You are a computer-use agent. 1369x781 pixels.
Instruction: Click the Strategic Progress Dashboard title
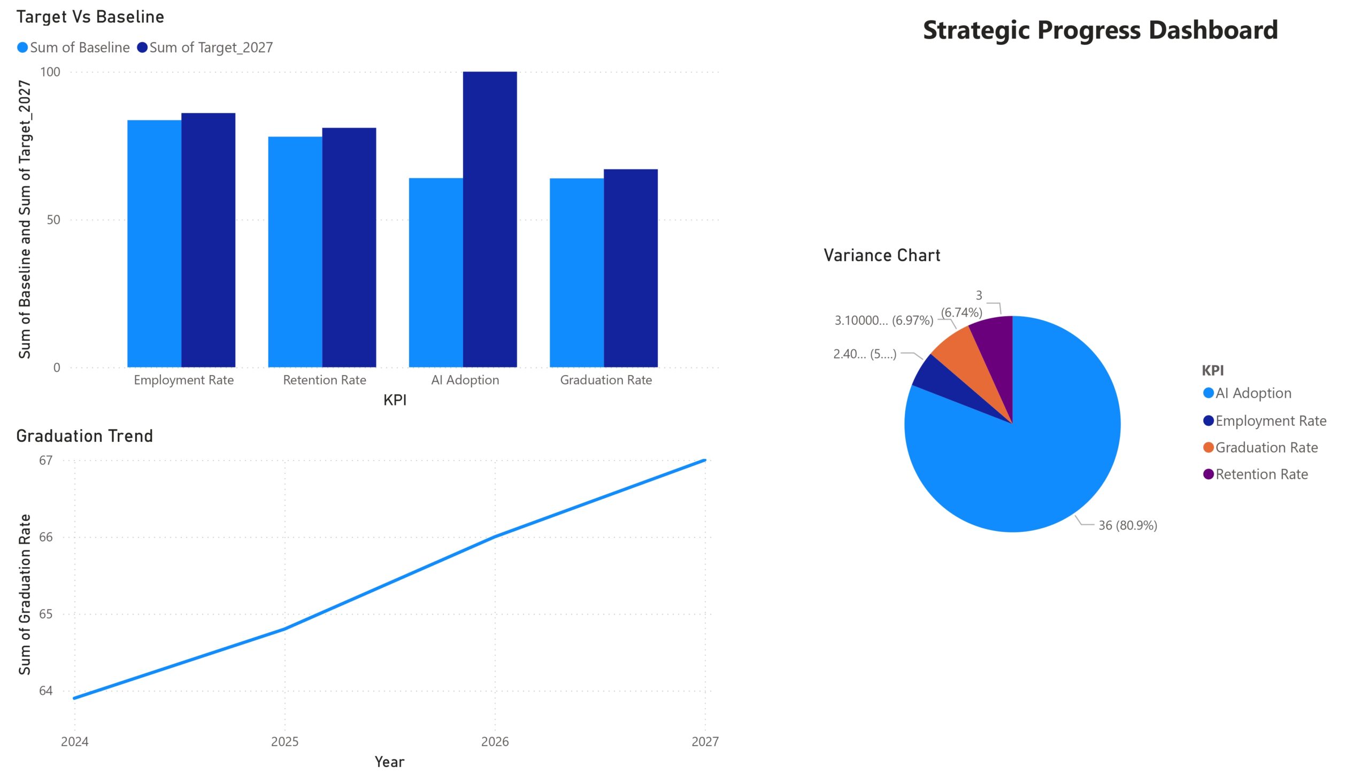tap(1100, 30)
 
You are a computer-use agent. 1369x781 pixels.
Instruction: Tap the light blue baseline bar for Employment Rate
tap(154, 243)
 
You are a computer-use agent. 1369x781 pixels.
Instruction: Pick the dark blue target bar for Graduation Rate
tap(630, 268)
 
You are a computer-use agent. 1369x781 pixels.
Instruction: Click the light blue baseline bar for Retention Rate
tap(295, 252)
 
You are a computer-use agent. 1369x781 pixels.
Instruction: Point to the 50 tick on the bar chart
tap(53, 220)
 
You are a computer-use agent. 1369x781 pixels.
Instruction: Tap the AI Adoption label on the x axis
tap(465, 380)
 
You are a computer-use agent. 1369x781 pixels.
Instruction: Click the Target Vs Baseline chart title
tap(90, 17)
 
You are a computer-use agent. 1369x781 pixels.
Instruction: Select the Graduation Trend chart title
tap(84, 436)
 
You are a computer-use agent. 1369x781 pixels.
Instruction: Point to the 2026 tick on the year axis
tap(495, 742)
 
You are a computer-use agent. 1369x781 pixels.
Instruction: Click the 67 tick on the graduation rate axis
tap(45, 461)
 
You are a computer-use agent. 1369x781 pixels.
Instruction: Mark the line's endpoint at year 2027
tap(704, 460)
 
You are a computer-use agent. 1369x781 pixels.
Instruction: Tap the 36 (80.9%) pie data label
tap(1127, 526)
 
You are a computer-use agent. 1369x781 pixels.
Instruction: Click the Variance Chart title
tap(882, 255)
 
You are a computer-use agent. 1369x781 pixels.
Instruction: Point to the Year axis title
tap(389, 762)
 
